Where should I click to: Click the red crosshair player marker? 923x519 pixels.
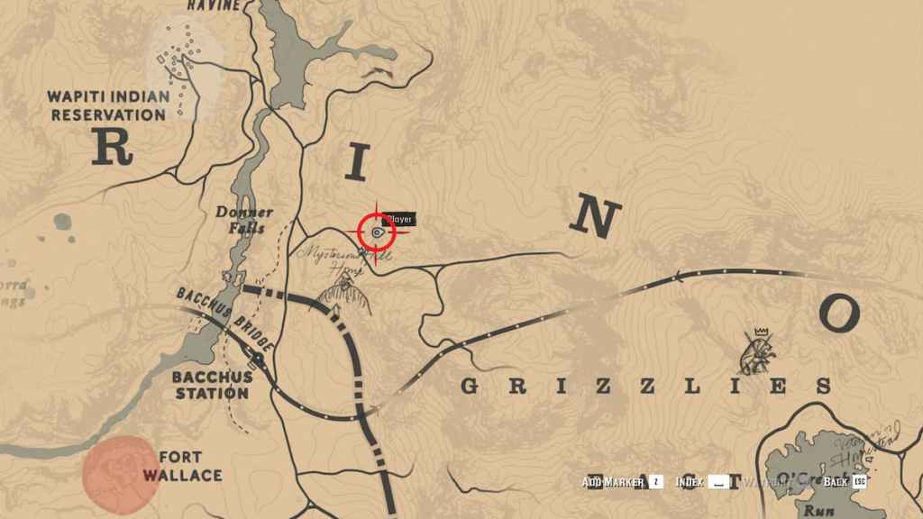[377, 232]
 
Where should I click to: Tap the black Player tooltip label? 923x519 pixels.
[398, 219]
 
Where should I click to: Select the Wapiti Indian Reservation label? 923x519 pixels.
[107, 105]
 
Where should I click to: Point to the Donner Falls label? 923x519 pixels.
[241, 220]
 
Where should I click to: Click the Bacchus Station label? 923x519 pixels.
[211, 385]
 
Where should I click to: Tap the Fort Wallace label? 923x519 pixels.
[189, 465]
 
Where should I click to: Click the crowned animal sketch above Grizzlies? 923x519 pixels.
[757, 351]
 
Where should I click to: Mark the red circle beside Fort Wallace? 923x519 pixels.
[120, 469]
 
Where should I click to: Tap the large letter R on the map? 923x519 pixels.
[112, 147]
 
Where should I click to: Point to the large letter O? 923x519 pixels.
[838, 313]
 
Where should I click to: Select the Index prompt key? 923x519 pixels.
[717, 482]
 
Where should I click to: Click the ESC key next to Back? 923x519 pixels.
[860, 482]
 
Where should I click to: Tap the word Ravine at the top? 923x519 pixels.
[214, 5]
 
